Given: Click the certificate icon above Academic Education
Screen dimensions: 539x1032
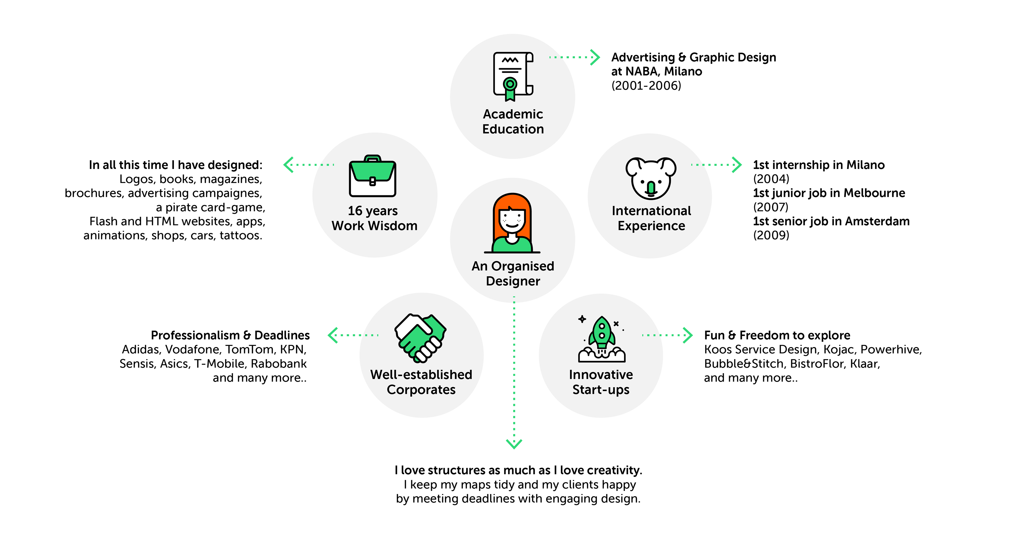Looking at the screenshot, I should click(x=513, y=76).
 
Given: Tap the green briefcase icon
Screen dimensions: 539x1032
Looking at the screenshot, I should click(x=372, y=176).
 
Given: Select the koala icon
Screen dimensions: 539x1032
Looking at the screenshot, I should click(x=651, y=178).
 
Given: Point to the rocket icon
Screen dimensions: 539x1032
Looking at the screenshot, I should click(x=601, y=338).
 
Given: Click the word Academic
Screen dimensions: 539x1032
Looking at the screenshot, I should click(x=513, y=114).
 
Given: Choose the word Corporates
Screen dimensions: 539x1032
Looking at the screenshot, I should click(x=421, y=390).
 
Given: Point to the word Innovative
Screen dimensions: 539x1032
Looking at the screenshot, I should click(x=601, y=375).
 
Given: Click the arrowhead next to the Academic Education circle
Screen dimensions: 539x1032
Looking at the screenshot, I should click(x=596, y=57).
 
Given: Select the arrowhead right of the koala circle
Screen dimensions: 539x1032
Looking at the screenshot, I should click(x=737, y=165).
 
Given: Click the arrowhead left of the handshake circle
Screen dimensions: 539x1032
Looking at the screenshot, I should click(x=332, y=335).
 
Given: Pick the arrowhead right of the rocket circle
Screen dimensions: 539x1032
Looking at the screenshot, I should click(x=688, y=335).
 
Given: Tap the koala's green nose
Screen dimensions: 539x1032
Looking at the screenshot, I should click(x=651, y=187).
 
